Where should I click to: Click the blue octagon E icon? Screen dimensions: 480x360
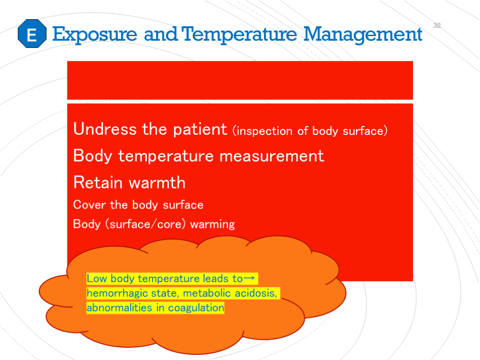coord(32,34)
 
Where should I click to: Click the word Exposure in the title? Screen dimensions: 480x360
coord(95,35)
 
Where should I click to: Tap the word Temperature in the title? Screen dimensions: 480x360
coord(239,35)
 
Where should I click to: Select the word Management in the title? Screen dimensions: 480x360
coord(363,35)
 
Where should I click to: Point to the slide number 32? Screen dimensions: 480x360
coord(437,25)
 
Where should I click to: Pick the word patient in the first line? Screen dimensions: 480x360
coord(200,129)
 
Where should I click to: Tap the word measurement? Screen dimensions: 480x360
coord(271,156)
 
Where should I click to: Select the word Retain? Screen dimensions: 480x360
coord(98,182)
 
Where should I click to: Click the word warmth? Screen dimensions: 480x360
coord(157,182)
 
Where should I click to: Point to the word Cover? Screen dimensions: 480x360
coord(90,204)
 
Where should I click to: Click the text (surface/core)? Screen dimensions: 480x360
coord(146,225)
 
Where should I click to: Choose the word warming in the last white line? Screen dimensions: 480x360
coord(212,225)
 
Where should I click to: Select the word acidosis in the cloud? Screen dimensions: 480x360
coord(256,293)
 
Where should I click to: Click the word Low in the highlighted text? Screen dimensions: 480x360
coord(97,278)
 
